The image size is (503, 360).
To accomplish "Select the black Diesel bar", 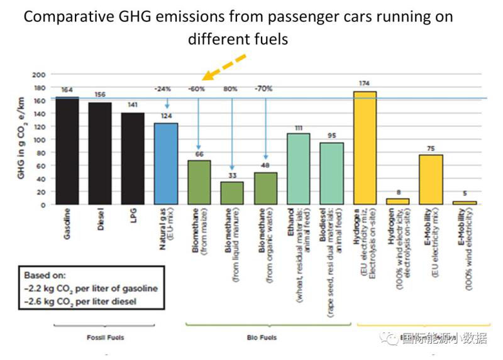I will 99,153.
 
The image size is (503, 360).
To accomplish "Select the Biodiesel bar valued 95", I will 331,173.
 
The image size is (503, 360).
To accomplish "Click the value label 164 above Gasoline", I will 67,90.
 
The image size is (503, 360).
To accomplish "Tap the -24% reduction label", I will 166,89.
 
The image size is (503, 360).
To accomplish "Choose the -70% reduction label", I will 264,89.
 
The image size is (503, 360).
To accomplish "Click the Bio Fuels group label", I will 265,337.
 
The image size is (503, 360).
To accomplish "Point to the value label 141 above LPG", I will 133,106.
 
